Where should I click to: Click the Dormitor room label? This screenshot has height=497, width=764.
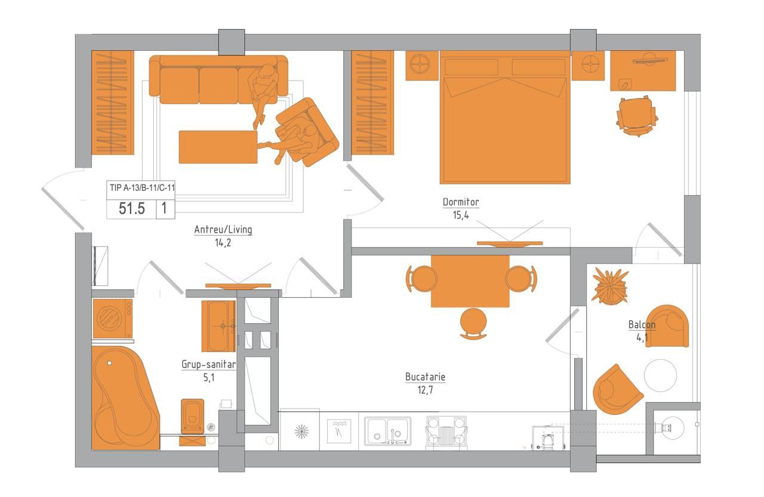tap(460, 202)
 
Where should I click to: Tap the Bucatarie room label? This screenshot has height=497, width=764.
tap(425, 376)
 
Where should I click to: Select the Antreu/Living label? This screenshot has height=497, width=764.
tap(223, 230)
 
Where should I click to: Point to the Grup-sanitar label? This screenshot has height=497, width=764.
tap(208, 365)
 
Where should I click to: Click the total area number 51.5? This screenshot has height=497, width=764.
tap(132, 208)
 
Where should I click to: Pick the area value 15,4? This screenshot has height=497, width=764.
tap(460, 215)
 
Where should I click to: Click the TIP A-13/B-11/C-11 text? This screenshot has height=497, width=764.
tap(142, 187)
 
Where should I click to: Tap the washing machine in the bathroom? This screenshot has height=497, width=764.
tap(113, 319)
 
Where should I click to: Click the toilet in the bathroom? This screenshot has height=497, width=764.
tap(192, 416)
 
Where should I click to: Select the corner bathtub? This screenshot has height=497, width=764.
tap(125, 398)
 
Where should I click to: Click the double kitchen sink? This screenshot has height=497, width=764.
tap(387, 431)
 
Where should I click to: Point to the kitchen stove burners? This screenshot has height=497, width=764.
tap(446, 431)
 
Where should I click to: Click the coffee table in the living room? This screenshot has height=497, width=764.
tap(218, 147)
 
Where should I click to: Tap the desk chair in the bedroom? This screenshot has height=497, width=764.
tap(637, 116)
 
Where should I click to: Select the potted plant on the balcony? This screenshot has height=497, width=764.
tap(611, 286)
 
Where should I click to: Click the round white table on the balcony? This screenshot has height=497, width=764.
tap(660, 375)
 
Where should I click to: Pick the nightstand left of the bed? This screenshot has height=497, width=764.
tap(421, 66)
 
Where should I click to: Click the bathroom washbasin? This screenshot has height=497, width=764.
tap(218, 326)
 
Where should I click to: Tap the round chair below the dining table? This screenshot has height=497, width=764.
tap(473, 323)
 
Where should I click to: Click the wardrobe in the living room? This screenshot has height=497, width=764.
tap(113, 103)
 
